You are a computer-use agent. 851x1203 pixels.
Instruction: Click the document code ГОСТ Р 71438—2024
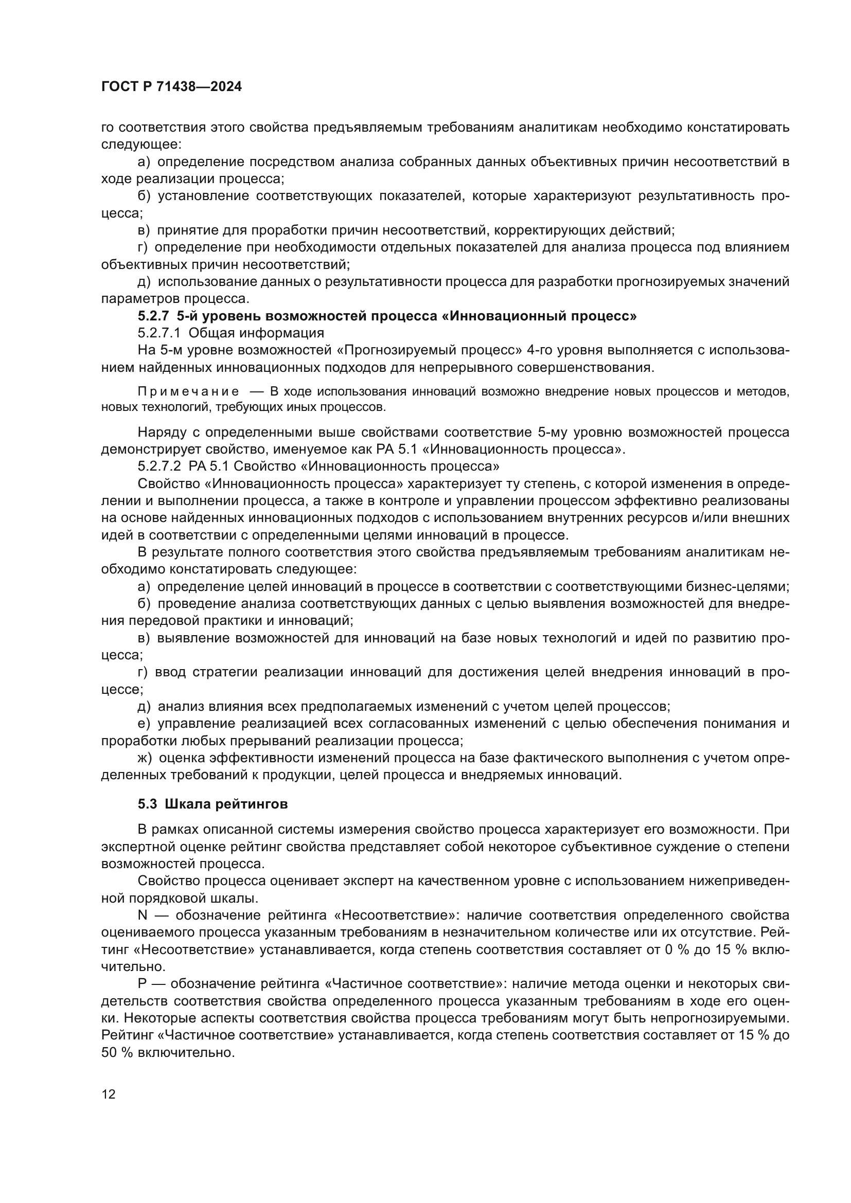171,87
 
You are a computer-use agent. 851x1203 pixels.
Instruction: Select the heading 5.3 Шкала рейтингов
213,804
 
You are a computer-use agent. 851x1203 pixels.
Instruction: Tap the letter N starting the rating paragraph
143,915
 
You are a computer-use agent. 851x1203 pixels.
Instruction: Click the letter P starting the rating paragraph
143,983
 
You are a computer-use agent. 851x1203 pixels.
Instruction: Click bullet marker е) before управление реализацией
144,724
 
